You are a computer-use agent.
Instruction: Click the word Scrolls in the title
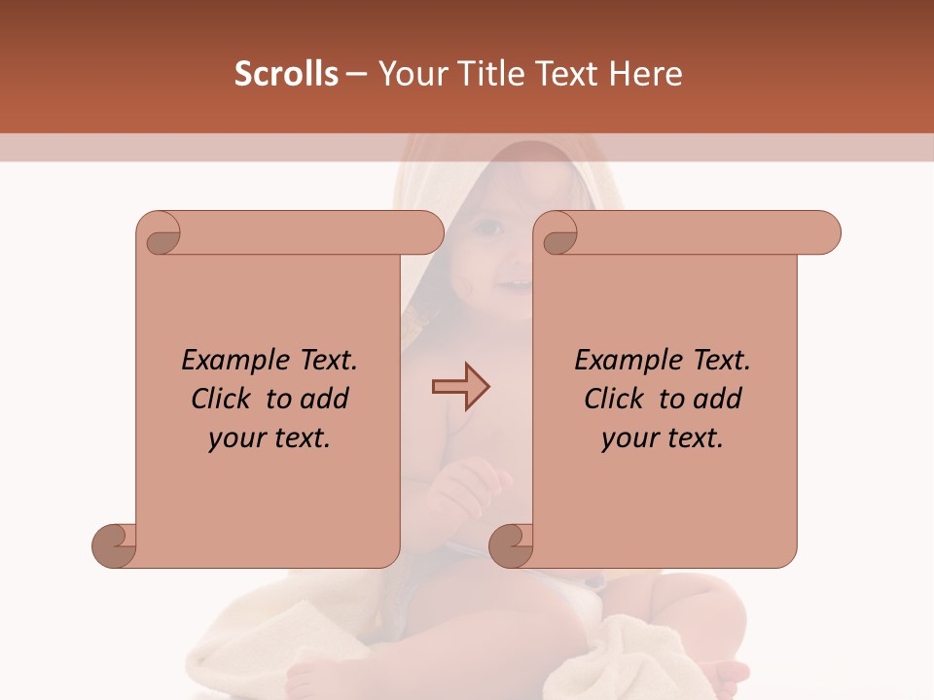(287, 74)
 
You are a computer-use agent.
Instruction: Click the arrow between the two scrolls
(460, 387)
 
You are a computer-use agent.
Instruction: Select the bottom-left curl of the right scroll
(512, 545)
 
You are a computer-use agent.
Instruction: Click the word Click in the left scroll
(221, 399)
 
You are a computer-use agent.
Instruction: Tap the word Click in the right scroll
(614, 399)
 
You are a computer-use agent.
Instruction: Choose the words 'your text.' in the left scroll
(269, 437)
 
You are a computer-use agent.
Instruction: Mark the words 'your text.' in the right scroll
(663, 437)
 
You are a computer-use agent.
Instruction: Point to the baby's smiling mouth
(514, 285)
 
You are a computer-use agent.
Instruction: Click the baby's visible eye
(488, 227)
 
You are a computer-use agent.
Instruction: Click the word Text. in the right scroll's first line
(721, 361)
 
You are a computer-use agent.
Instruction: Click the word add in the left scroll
(323, 399)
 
